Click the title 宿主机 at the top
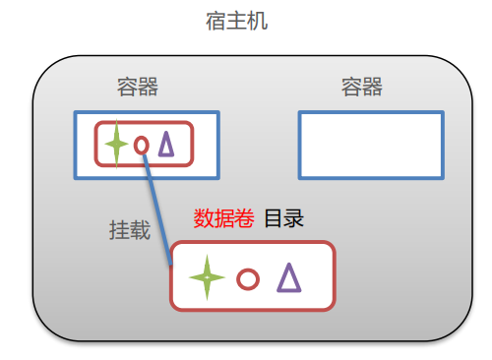click(245, 20)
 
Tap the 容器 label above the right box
click(361, 88)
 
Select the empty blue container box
click(370, 145)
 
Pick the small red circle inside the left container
click(141, 146)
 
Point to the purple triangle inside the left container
click(166, 145)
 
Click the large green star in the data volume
click(207, 277)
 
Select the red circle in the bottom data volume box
click(248, 279)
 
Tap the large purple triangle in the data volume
click(288, 277)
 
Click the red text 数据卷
click(223, 218)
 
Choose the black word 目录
click(283, 218)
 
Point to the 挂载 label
click(129, 230)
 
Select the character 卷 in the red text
click(244, 218)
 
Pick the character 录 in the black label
click(294, 218)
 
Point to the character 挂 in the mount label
click(118, 230)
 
